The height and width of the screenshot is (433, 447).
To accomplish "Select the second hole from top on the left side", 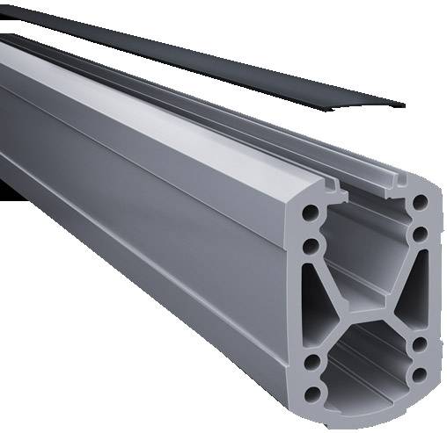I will point(311,245).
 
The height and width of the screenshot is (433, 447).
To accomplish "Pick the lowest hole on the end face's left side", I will point(311,390).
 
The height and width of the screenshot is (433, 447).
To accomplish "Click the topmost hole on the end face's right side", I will point(420,203).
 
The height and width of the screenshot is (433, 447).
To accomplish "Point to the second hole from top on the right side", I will point(420,235).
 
